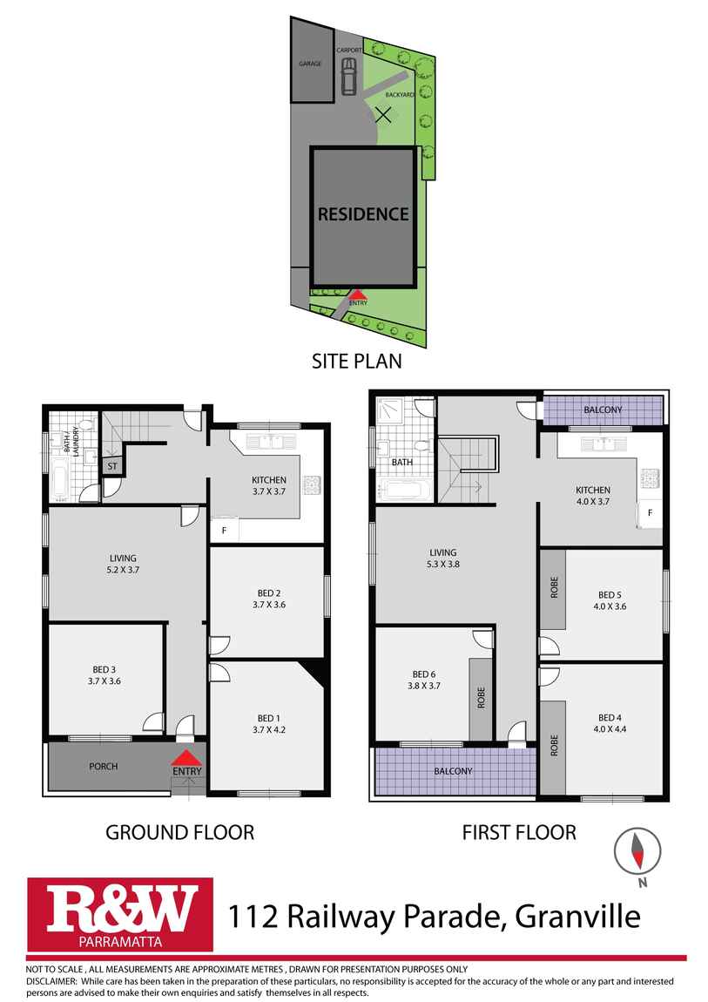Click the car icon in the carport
pyautogui.click(x=348, y=76)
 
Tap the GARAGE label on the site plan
pyautogui.click(x=310, y=64)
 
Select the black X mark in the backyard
pyautogui.click(x=383, y=114)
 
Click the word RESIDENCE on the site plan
pyautogui.click(x=363, y=214)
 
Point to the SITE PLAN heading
pyautogui.click(x=357, y=361)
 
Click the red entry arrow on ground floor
pyautogui.click(x=186, y=758)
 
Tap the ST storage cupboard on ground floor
pyautogui.click(x=112, y=466)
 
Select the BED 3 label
pyautogui.click(x=104, y=669)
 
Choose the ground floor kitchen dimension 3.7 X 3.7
pyautogui.click(x=269, y=491)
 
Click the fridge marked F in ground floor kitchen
pyautogui.click(x=224, y=530)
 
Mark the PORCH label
pyautogui.click(x=104, y=766)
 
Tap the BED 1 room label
pyautogui.click(x=269, y=718)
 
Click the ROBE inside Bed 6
pyautogui.click(x=481, y=698)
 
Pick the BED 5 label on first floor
pyautogui.click(x=610, y=595)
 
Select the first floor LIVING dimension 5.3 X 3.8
pyautogui.click(x=443, y=565)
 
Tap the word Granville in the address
pyautogui.click(x=577, y=917)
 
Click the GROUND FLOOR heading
pyautogui.click(x=180, y=832)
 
